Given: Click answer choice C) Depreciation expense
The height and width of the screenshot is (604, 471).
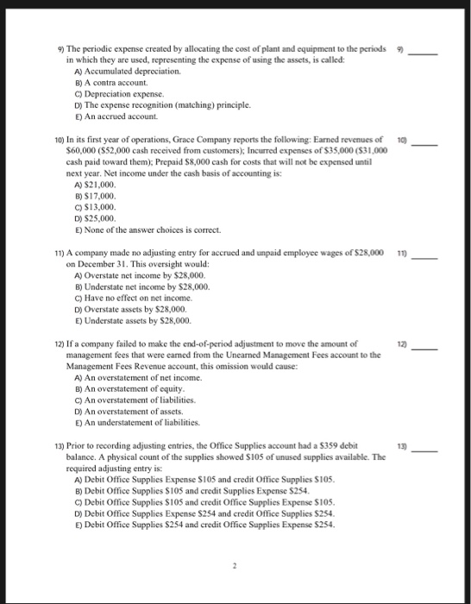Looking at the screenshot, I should pyautogui.click(x=116, y=91).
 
